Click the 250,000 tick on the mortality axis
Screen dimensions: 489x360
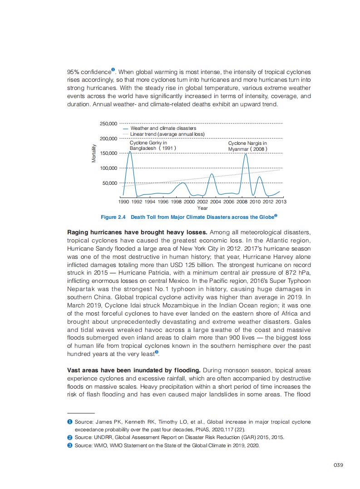tap(108, 123)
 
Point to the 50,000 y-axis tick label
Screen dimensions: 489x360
tap(110, 183)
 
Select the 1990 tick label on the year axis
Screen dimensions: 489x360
tap(123, 202)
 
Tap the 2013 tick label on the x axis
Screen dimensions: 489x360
tap(281, 202)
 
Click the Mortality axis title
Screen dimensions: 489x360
tap(94, 153)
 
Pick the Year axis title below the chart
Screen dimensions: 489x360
tap(202, 208)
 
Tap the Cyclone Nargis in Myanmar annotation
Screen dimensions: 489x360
tap(248, 146)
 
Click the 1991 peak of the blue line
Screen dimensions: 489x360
tap(130, 152)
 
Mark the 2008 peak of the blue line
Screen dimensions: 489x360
tap(246, 154)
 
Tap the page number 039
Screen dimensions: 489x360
tap(337, 464)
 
